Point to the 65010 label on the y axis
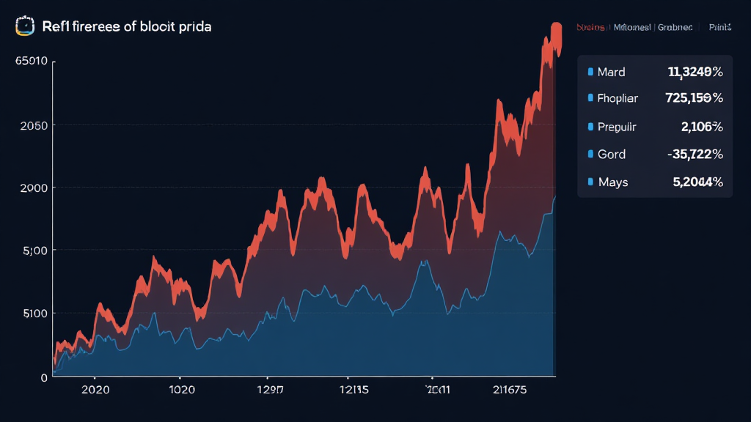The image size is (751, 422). coord(31,62)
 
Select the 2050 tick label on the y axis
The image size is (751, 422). coord(34,125)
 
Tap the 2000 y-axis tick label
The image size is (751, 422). coord(34,188)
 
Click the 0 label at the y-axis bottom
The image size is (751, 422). coord(44,377)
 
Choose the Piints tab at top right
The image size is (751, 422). coord(720,27)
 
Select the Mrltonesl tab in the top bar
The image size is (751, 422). coord(631,27)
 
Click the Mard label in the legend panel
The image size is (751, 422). coord(611,72)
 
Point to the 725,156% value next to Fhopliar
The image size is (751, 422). coord(693,97)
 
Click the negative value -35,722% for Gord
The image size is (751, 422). coord(695,154)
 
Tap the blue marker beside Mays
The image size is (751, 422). coord(590,181)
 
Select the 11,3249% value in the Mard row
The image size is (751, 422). coord(695,72)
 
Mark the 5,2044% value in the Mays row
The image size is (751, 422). coord(697,181)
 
